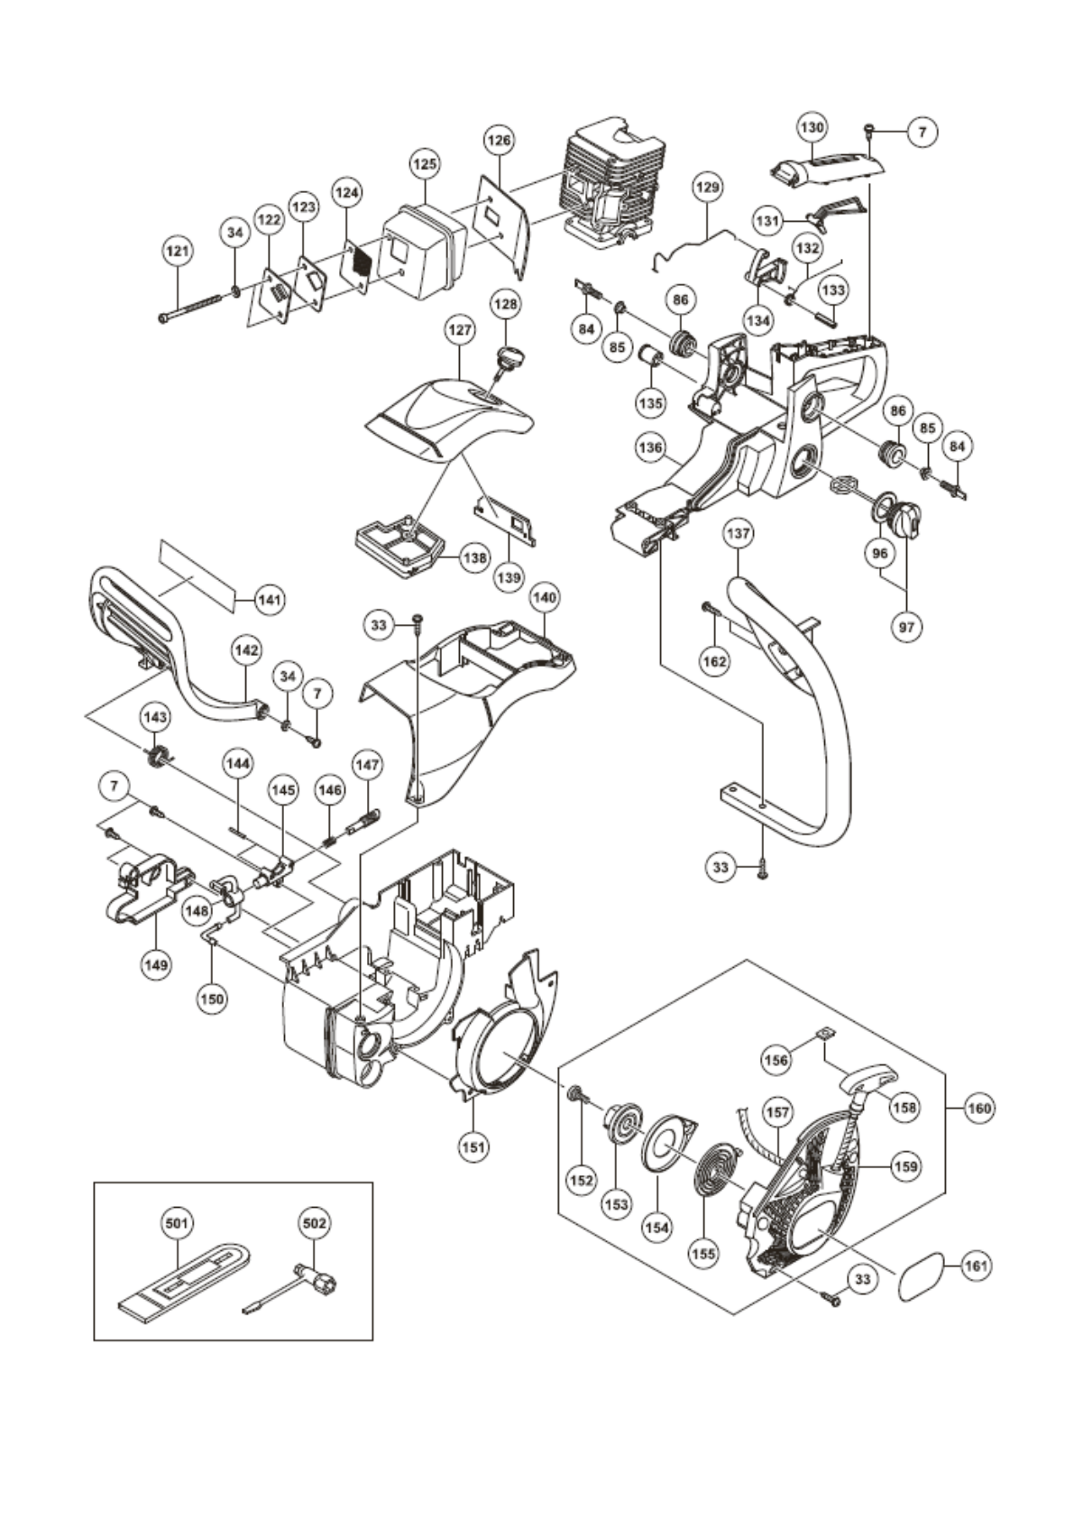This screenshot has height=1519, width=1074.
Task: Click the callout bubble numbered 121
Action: (x=178, y=252)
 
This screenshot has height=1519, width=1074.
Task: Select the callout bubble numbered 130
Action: (x=812, y=128)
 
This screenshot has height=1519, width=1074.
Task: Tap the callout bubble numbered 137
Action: (x=738, y=533)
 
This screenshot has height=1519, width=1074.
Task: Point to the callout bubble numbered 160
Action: (x=978, y=1108)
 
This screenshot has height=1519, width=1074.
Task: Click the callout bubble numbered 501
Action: (x=177, y=1223)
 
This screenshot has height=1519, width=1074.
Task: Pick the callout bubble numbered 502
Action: (x=314, y=1223)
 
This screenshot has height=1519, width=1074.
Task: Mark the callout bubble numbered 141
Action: (x=270, y=597)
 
